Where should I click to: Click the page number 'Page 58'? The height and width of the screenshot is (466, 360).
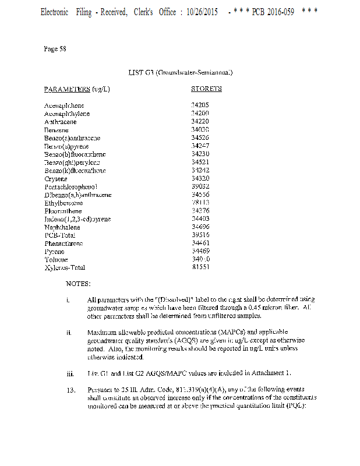pos(55,49)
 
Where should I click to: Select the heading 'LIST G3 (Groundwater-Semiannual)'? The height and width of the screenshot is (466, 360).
pos(181,72)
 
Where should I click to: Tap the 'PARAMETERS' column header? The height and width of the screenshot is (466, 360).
pos(66,89)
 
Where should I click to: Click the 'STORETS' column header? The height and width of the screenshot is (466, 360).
pos(206,89)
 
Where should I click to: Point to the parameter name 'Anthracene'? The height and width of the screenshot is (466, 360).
pos(60,122)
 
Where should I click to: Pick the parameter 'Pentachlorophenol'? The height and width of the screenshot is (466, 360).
pos(70,186)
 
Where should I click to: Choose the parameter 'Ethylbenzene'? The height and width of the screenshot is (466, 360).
pos(63,203)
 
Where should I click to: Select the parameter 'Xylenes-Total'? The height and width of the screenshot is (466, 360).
pos(65,267)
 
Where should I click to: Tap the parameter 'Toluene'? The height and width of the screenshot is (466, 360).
pos(56,259)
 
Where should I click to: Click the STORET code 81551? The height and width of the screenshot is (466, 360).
pos(200,267)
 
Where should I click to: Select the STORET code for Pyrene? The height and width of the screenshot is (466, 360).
pos(200,250)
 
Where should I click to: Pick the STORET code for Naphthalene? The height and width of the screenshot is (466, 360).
pos(200,227)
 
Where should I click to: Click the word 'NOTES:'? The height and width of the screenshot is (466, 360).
pos(78,284)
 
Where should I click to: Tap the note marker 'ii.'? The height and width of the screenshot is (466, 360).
pos(69,332)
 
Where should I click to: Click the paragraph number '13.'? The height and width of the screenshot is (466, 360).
pos(70,389)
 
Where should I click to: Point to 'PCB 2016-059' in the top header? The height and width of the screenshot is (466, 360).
pos(273,12)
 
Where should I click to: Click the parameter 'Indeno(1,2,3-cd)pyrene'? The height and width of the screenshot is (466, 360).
pos(77,219)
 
